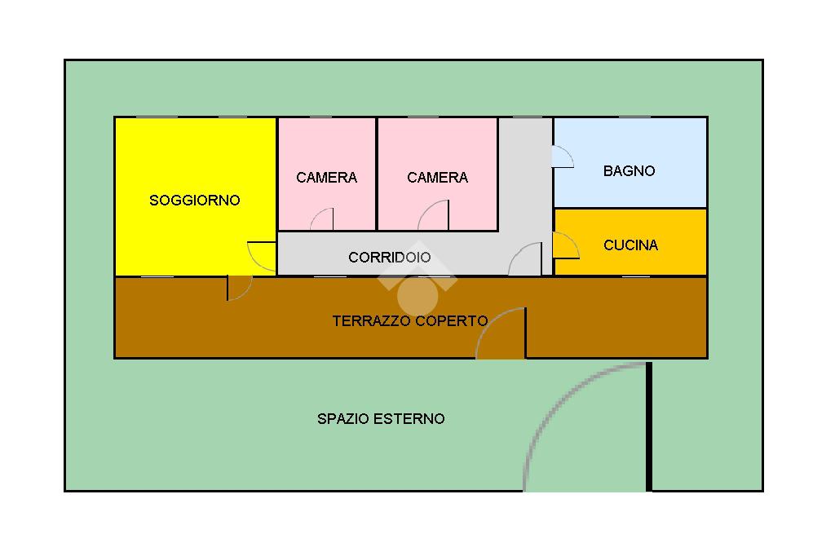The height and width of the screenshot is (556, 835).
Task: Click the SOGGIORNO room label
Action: point(195,200)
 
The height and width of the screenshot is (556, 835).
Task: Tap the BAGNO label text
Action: point(629,171)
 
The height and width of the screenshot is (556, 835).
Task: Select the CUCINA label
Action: point(630,245)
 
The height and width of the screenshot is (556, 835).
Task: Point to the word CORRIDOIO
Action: point(389,258)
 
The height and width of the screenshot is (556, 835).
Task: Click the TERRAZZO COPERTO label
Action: point(410,321)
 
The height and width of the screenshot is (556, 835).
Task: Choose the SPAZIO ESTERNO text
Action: point(381,419)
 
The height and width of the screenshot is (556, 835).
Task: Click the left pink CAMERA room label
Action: point(326,178)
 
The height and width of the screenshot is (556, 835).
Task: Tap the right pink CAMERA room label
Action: point(437,178)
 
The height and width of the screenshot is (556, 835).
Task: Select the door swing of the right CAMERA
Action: point(435,218)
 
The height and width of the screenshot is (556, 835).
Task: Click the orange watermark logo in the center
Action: point(417,282)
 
